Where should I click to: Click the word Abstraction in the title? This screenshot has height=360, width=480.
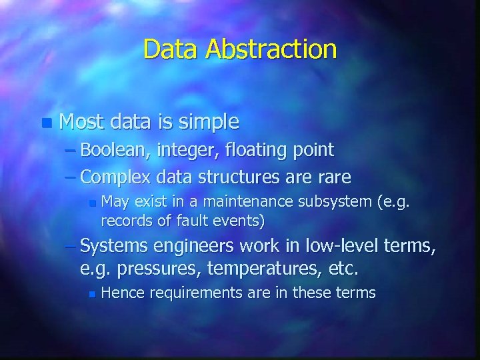pyautogui.click(x=271, y=49)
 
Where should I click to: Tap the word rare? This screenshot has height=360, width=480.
pyautogui.click(x=333, y=177)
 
